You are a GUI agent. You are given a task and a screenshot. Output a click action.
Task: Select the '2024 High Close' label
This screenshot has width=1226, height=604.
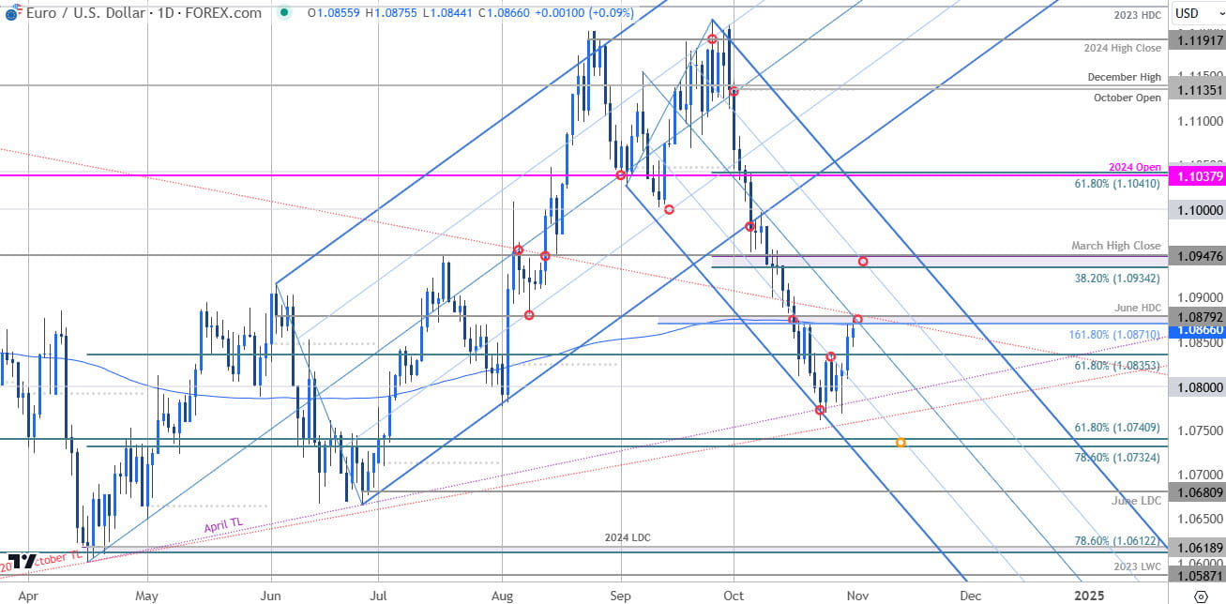(1128, 48)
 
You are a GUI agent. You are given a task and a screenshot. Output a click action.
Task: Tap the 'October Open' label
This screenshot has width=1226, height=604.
(1128, 98)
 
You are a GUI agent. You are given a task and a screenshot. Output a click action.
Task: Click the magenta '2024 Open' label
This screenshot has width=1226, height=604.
(1135, 167)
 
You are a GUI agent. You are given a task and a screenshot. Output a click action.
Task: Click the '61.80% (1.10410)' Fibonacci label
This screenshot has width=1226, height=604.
(1118, 184)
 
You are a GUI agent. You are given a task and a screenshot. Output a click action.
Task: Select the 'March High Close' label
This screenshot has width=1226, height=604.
(1116, 246)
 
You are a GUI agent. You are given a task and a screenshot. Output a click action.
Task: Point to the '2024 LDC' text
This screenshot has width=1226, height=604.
(628, 537)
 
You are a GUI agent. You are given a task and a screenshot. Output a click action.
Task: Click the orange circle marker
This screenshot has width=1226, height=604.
(901, 442)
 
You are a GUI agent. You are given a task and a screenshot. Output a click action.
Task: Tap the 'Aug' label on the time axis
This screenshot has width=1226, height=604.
(502, 595)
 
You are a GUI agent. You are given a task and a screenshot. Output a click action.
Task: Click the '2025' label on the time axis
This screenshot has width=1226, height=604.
(1088, 595)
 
